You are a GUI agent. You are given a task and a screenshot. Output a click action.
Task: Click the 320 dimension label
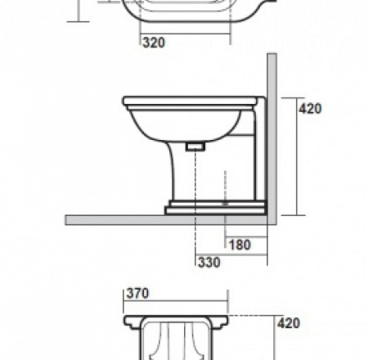click(x=153, y=43)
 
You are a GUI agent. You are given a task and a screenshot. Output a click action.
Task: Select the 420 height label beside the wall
click(x=311, y=108)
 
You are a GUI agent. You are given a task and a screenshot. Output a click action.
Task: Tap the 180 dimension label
click(x=240, y=244)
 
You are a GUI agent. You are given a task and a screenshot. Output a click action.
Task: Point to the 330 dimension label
click(x=209, y=262)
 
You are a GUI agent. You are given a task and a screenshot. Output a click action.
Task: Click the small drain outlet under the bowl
click(x=195, y=146)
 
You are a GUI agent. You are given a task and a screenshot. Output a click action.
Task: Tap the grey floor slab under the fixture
click(x=164, y=219)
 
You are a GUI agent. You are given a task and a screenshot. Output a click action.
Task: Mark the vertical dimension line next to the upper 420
click(x=296, y=155)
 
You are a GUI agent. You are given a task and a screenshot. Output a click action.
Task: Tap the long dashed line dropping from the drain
click(x=195, y=229)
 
